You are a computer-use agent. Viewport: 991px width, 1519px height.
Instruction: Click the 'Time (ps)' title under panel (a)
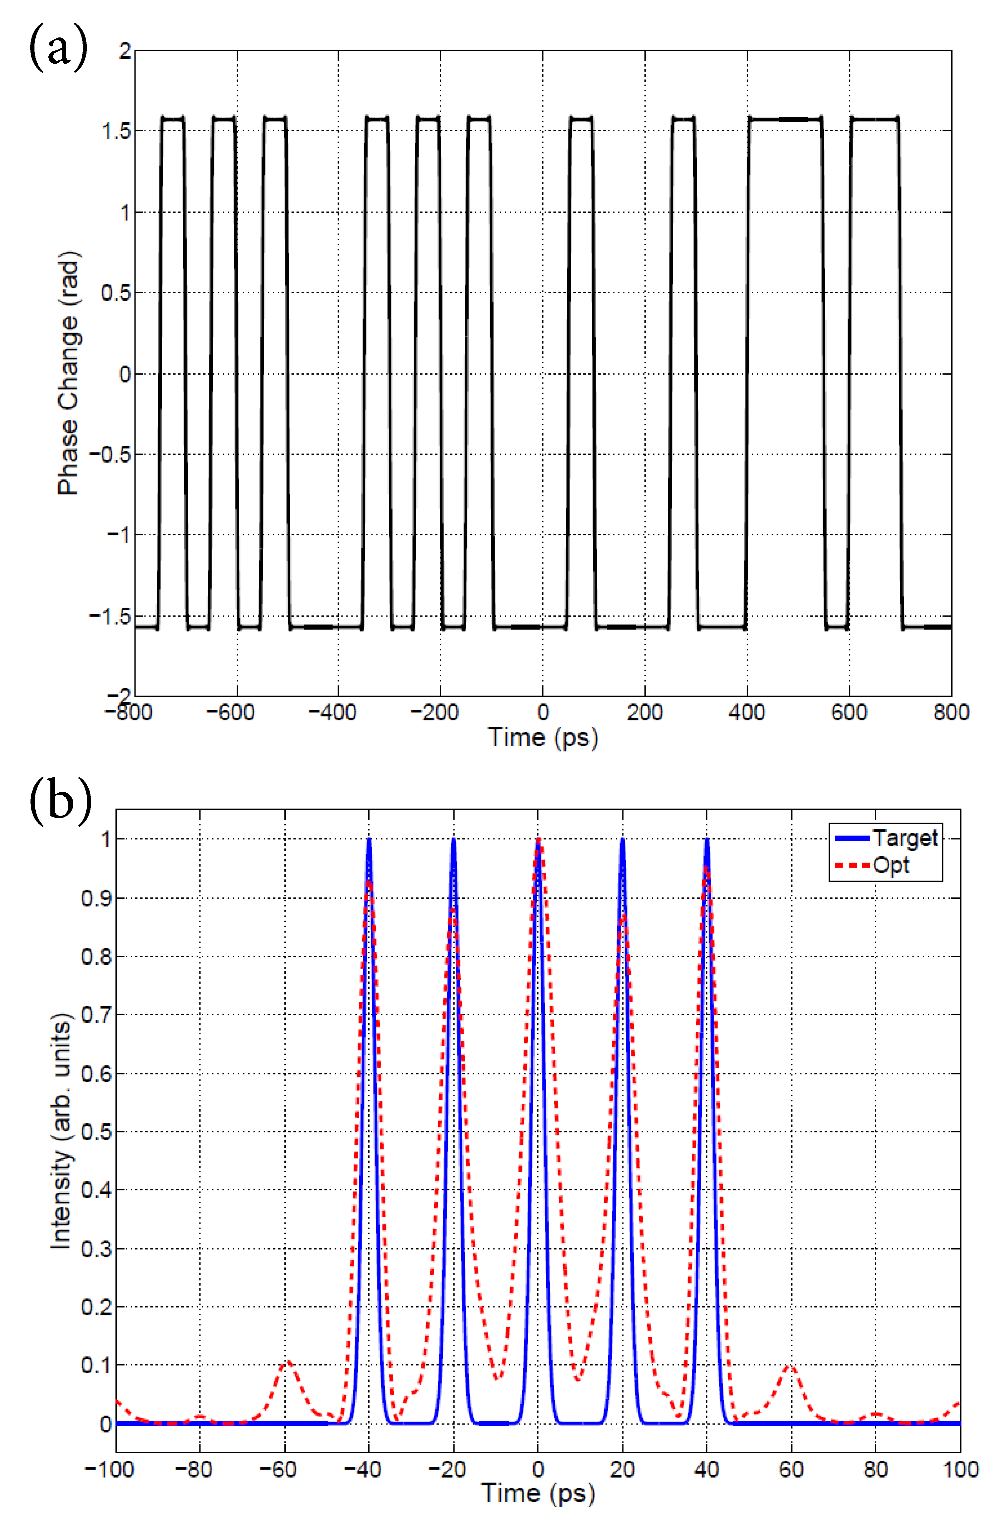[x=543, y=737]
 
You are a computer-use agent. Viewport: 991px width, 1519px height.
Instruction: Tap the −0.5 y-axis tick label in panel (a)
[x=110, y=455]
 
